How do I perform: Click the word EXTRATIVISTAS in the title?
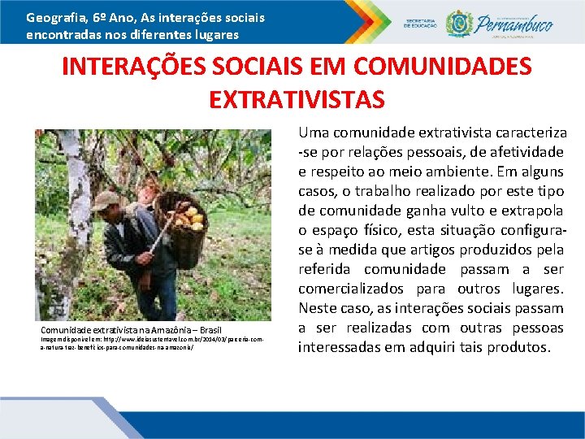pos(297,99)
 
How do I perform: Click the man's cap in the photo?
pos(105,200)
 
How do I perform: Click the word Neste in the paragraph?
pos(316,308)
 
